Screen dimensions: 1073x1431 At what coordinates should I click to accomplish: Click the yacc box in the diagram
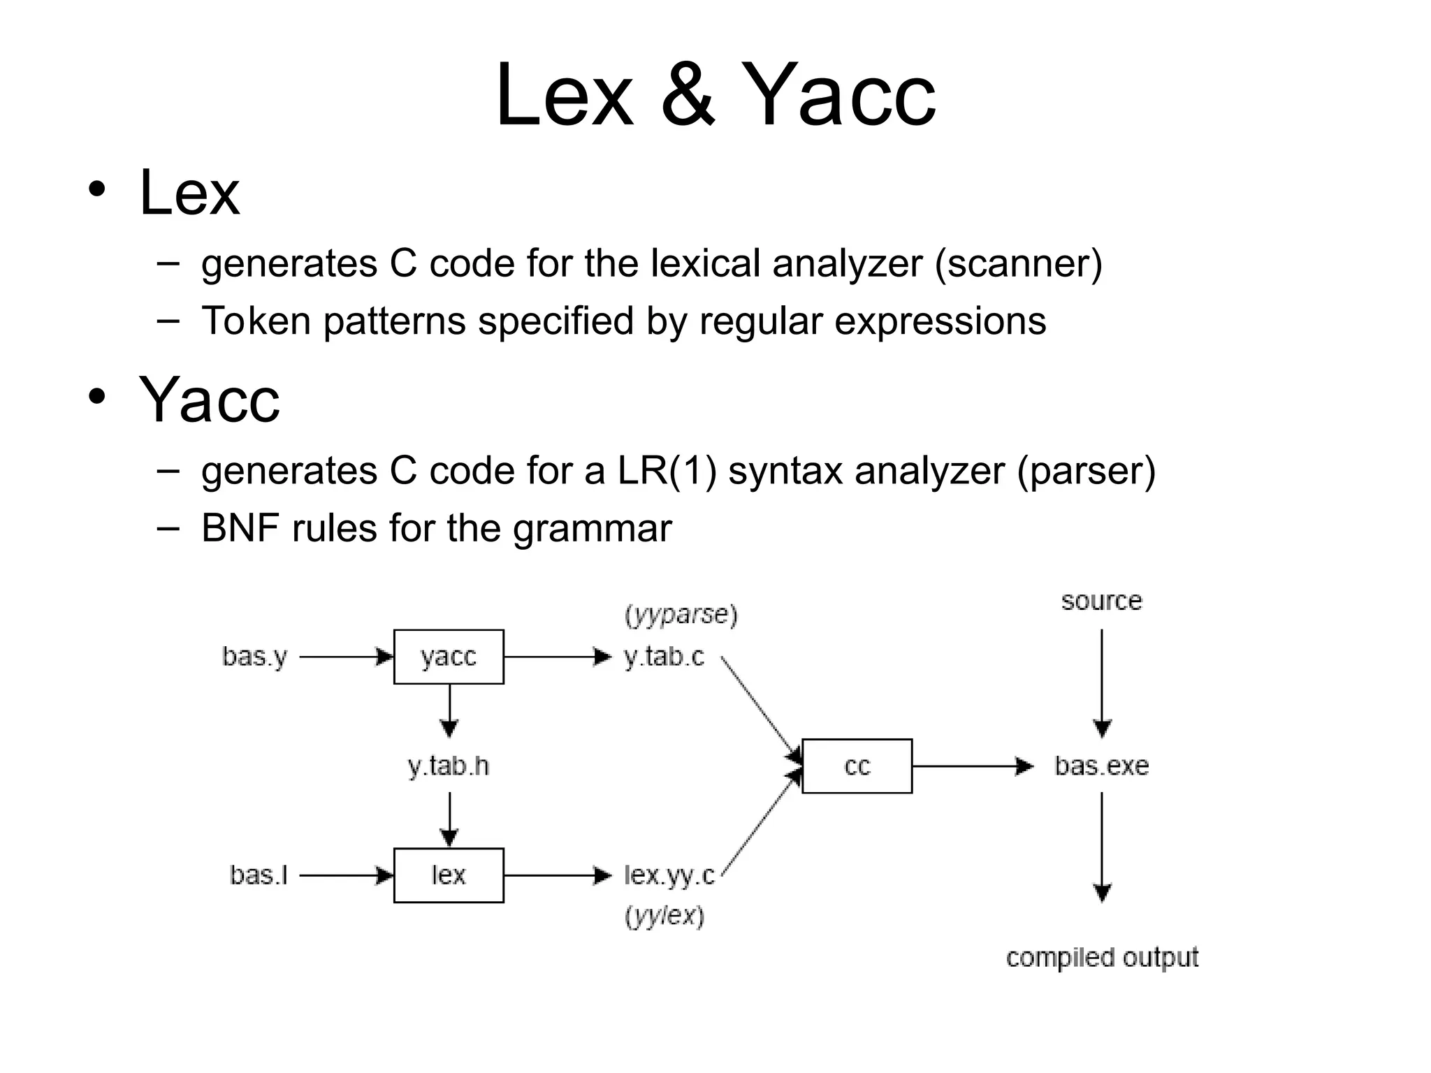pos(449,657)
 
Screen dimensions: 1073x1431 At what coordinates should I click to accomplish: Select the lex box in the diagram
pos(449,875)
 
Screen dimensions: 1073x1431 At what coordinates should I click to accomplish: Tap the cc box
pos(857,766)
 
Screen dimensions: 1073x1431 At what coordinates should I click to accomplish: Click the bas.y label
pos(254,657)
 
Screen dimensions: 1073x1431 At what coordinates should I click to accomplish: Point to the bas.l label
pos(259,875)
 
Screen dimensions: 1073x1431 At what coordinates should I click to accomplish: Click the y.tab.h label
pos(449,766)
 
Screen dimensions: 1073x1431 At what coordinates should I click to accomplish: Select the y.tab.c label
pos(664,657)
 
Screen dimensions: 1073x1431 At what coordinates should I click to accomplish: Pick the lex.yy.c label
pos(669,875)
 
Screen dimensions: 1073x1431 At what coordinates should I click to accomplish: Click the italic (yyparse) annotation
pos(681,615)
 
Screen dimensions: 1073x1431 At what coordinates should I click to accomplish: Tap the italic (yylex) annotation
pos(664,916)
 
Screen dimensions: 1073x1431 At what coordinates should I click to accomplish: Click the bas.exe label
pos(1101,766)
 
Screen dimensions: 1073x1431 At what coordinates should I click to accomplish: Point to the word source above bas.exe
pos(1101,601)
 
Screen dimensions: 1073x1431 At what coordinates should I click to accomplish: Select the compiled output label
pos(1102,957)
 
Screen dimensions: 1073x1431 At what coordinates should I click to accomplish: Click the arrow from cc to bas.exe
pos(971,766)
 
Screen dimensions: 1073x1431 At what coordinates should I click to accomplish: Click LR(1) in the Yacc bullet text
pos(667,471)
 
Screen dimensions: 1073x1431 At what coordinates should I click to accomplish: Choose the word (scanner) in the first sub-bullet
pos(1018,264)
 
